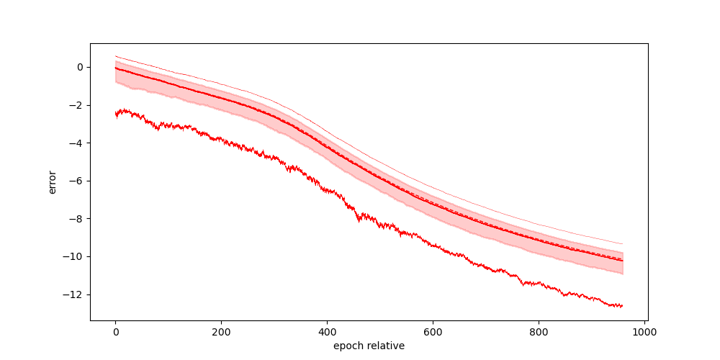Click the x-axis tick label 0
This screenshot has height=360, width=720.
[x=115, y=332]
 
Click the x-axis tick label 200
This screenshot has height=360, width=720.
[x=221, y=332]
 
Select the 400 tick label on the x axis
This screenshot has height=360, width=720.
[x=327, y=332]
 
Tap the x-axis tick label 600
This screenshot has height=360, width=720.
[x=433, y=332]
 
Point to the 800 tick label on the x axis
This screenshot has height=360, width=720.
[x=539, y=332]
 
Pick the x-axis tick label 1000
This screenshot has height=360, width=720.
[x=644, y=332]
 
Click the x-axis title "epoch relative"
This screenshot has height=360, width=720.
[x=369, y=346]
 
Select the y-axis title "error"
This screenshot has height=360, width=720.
[x=53, y=181]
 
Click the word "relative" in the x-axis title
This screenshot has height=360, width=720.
[x=385, y=346]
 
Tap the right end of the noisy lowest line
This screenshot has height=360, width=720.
[x=622, y=306]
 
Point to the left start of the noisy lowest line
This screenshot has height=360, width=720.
[x=116, y=113]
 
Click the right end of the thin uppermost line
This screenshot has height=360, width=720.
[x=622, y=244]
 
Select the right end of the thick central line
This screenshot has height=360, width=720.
[x=622, y=260]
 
